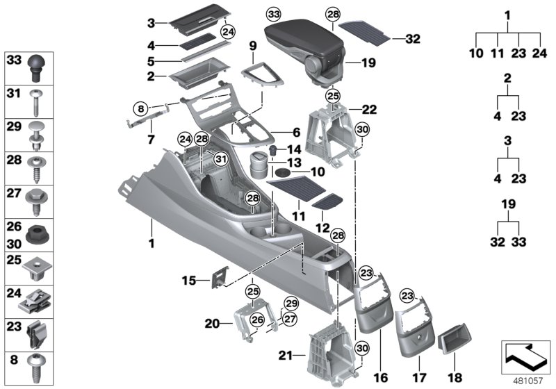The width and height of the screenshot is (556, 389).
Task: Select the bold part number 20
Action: click(x=213, y=323)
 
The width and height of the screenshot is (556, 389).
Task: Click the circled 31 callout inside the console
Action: click(x=220, y=159)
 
